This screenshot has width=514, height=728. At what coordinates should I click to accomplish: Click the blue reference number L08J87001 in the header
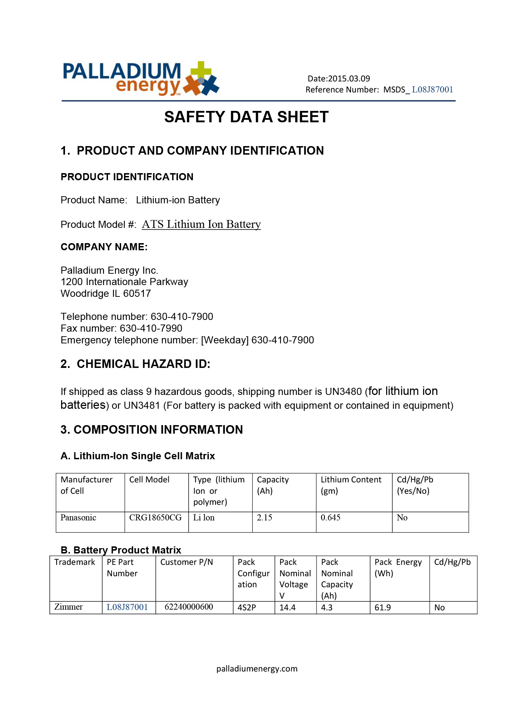pyautogui.click(x=432, y=90)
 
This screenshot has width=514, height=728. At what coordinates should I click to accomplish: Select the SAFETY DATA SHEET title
pyautogui.click(x=246, y=117)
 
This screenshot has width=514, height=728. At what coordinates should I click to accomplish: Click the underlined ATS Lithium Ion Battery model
pyautogui.click(x=201, y=224)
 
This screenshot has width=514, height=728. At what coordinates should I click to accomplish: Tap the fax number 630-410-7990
pyautogui.click(x=151, y=328)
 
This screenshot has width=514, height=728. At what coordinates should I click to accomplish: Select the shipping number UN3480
pyautogui.click(x=343, y=392)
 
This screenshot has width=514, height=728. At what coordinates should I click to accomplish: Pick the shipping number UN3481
pyautogui.click(x=142, y=406)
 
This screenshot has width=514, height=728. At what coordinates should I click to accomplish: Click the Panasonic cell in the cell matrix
pyautogui.click(x=78, y=518)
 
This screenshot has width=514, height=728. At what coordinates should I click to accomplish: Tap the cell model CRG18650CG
pyautogui.click(x=155, y=518)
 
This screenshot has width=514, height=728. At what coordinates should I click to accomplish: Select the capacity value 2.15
pyautogui.click(x=264, y=518)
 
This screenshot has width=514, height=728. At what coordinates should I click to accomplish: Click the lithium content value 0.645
pyautogui.click(x=330, y=518)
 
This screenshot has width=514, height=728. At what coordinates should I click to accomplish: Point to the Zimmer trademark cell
pyautogui.click(x=69, y=607)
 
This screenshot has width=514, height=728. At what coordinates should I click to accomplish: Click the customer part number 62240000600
pyautogui.click(x=189, y=607)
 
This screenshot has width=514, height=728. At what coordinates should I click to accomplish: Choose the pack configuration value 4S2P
pyautogui.click(x=247, y=607)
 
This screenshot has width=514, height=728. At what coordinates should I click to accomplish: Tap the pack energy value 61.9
pyautogui.click(x=383, y=607)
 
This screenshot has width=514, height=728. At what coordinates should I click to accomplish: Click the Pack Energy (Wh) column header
pyautogui.click(x=398, y=568)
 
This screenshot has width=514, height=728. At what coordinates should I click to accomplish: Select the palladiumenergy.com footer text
pyautogui.click(x=257, y=669)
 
